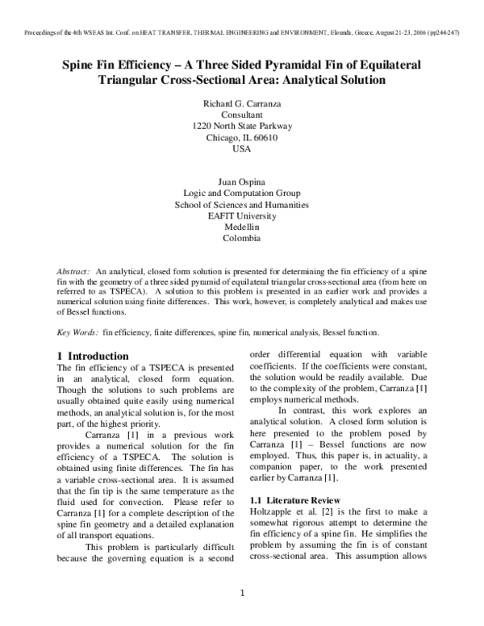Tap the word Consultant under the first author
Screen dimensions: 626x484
pyautogui.click(x=242, y=115)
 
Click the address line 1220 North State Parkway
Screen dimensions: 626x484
pyautogui.click(x=242, y=127)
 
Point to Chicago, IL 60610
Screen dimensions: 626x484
pyautogui.click(x=242, y=138)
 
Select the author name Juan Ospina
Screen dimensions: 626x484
pyautogui.click(x=242, y=182)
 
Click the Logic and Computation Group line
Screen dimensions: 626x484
pyautogui.click(x=242, y=194)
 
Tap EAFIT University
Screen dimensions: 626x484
pyautogui.click(x=242, y=216)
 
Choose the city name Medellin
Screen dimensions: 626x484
pyautogui.click(x=242, y=227)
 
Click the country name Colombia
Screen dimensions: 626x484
pyautogui.click(x=242, y=239)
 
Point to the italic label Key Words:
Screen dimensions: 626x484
pyautogui.click(x=77, y=332)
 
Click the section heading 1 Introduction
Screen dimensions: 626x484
pyautogui.click(x=93, y=356)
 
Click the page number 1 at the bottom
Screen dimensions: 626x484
pyautogui.click(x=242, y=595)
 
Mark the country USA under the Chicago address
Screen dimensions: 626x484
pyautogui.click(x=242, y=149)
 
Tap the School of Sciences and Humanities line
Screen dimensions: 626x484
pyautogui.click(x=242, y=205)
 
